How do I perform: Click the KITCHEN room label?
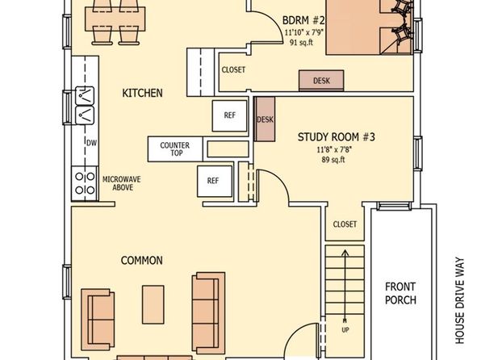point(142,93)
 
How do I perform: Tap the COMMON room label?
point(142,261)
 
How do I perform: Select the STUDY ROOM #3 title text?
point(337,137)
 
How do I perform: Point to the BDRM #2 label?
point(303,20)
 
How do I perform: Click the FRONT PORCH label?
point(400,293)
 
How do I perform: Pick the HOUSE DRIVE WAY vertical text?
point(460,300)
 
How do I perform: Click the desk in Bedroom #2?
point(321,81)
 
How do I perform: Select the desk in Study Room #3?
point(265,119)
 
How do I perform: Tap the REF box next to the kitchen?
point(229,115)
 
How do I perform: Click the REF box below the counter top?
point(215,181)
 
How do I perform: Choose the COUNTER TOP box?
point(175,149)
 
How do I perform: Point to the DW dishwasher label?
point(91,143)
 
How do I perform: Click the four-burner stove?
point(85,183)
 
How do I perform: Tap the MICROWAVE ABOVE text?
point(122,183)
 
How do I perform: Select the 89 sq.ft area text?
point(333,160)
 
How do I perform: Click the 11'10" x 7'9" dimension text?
point(304,32)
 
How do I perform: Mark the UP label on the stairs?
point(345,330)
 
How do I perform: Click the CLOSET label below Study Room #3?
point(345,224)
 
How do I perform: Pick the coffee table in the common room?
point(153,304)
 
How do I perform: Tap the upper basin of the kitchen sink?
point(85,96)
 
